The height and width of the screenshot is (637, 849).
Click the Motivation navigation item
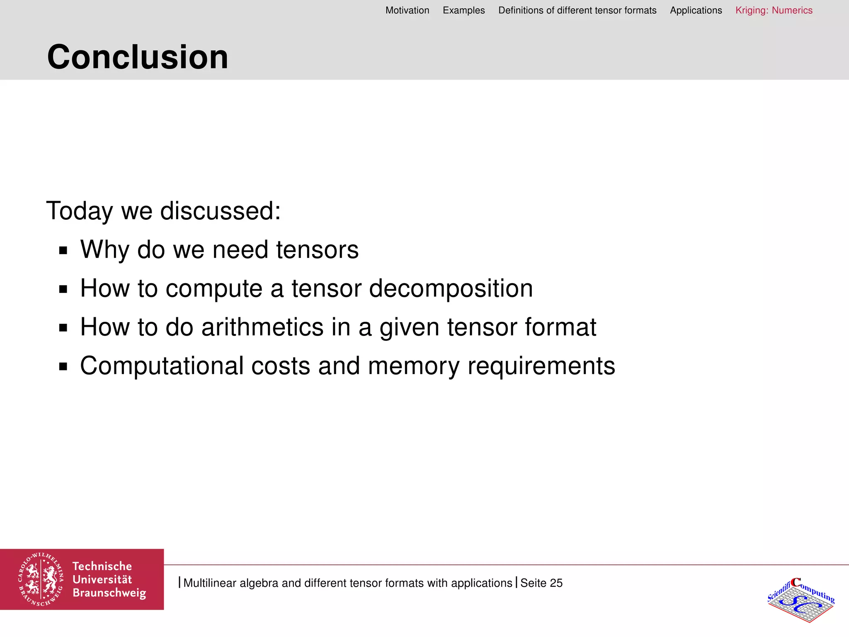pos(407,10)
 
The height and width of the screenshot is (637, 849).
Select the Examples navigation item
pos(463,10)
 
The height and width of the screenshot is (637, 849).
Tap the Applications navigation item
pos(696,10)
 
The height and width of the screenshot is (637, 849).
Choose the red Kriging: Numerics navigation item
pos(774,10)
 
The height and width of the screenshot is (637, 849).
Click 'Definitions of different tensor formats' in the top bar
pos(577,10)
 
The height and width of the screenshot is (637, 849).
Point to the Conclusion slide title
pos(138,57)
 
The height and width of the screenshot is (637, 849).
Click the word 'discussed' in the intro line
pos(220,211)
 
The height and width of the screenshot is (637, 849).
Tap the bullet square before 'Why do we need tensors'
pos(63,250)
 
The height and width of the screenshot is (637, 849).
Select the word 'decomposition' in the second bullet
pos(451,289)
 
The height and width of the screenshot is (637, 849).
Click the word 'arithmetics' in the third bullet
pos(262,327)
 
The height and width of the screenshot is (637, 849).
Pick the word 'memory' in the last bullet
pos(413,366)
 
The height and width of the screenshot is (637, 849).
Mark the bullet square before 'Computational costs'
pos(63,367)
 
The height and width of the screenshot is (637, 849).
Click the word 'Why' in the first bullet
pos(105,250)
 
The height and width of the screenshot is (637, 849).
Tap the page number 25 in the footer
pos(556,583)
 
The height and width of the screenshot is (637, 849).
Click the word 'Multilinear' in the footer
pos(210,583)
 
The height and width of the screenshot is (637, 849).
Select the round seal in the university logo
pos(41,579)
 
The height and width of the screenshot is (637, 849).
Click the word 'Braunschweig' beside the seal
pos(109,593)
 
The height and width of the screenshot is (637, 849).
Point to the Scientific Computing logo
pos(800,599)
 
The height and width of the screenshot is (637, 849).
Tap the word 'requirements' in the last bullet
pos(541,366)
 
